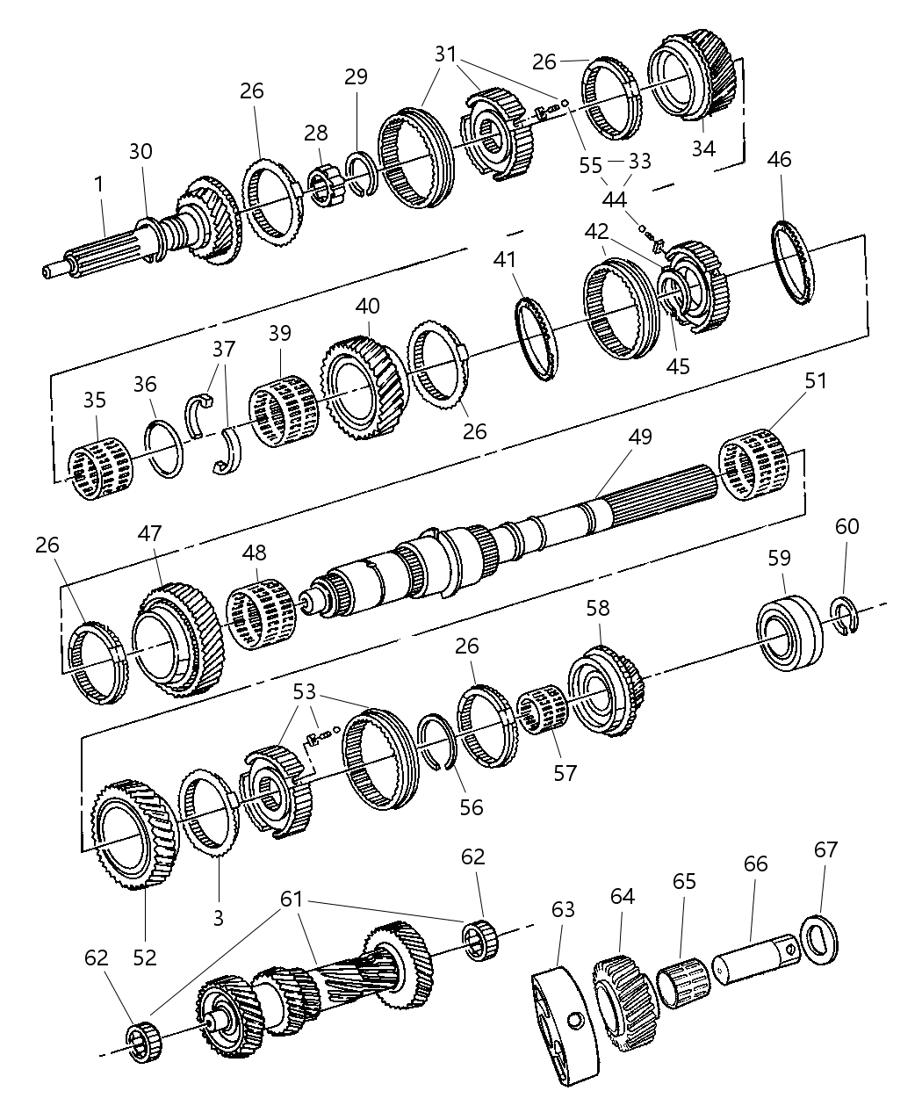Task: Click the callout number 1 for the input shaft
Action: click(98, 184)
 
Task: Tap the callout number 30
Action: click(140, 152)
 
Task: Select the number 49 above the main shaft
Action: click(640, 437)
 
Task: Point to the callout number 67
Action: click(825, 850)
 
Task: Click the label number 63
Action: click(563, 909)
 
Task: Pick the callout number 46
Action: click(779, 159)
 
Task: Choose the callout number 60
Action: click(847, 526)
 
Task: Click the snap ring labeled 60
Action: click(845, 614)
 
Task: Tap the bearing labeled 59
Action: click(790, 631)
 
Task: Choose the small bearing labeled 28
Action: click(330, 184)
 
